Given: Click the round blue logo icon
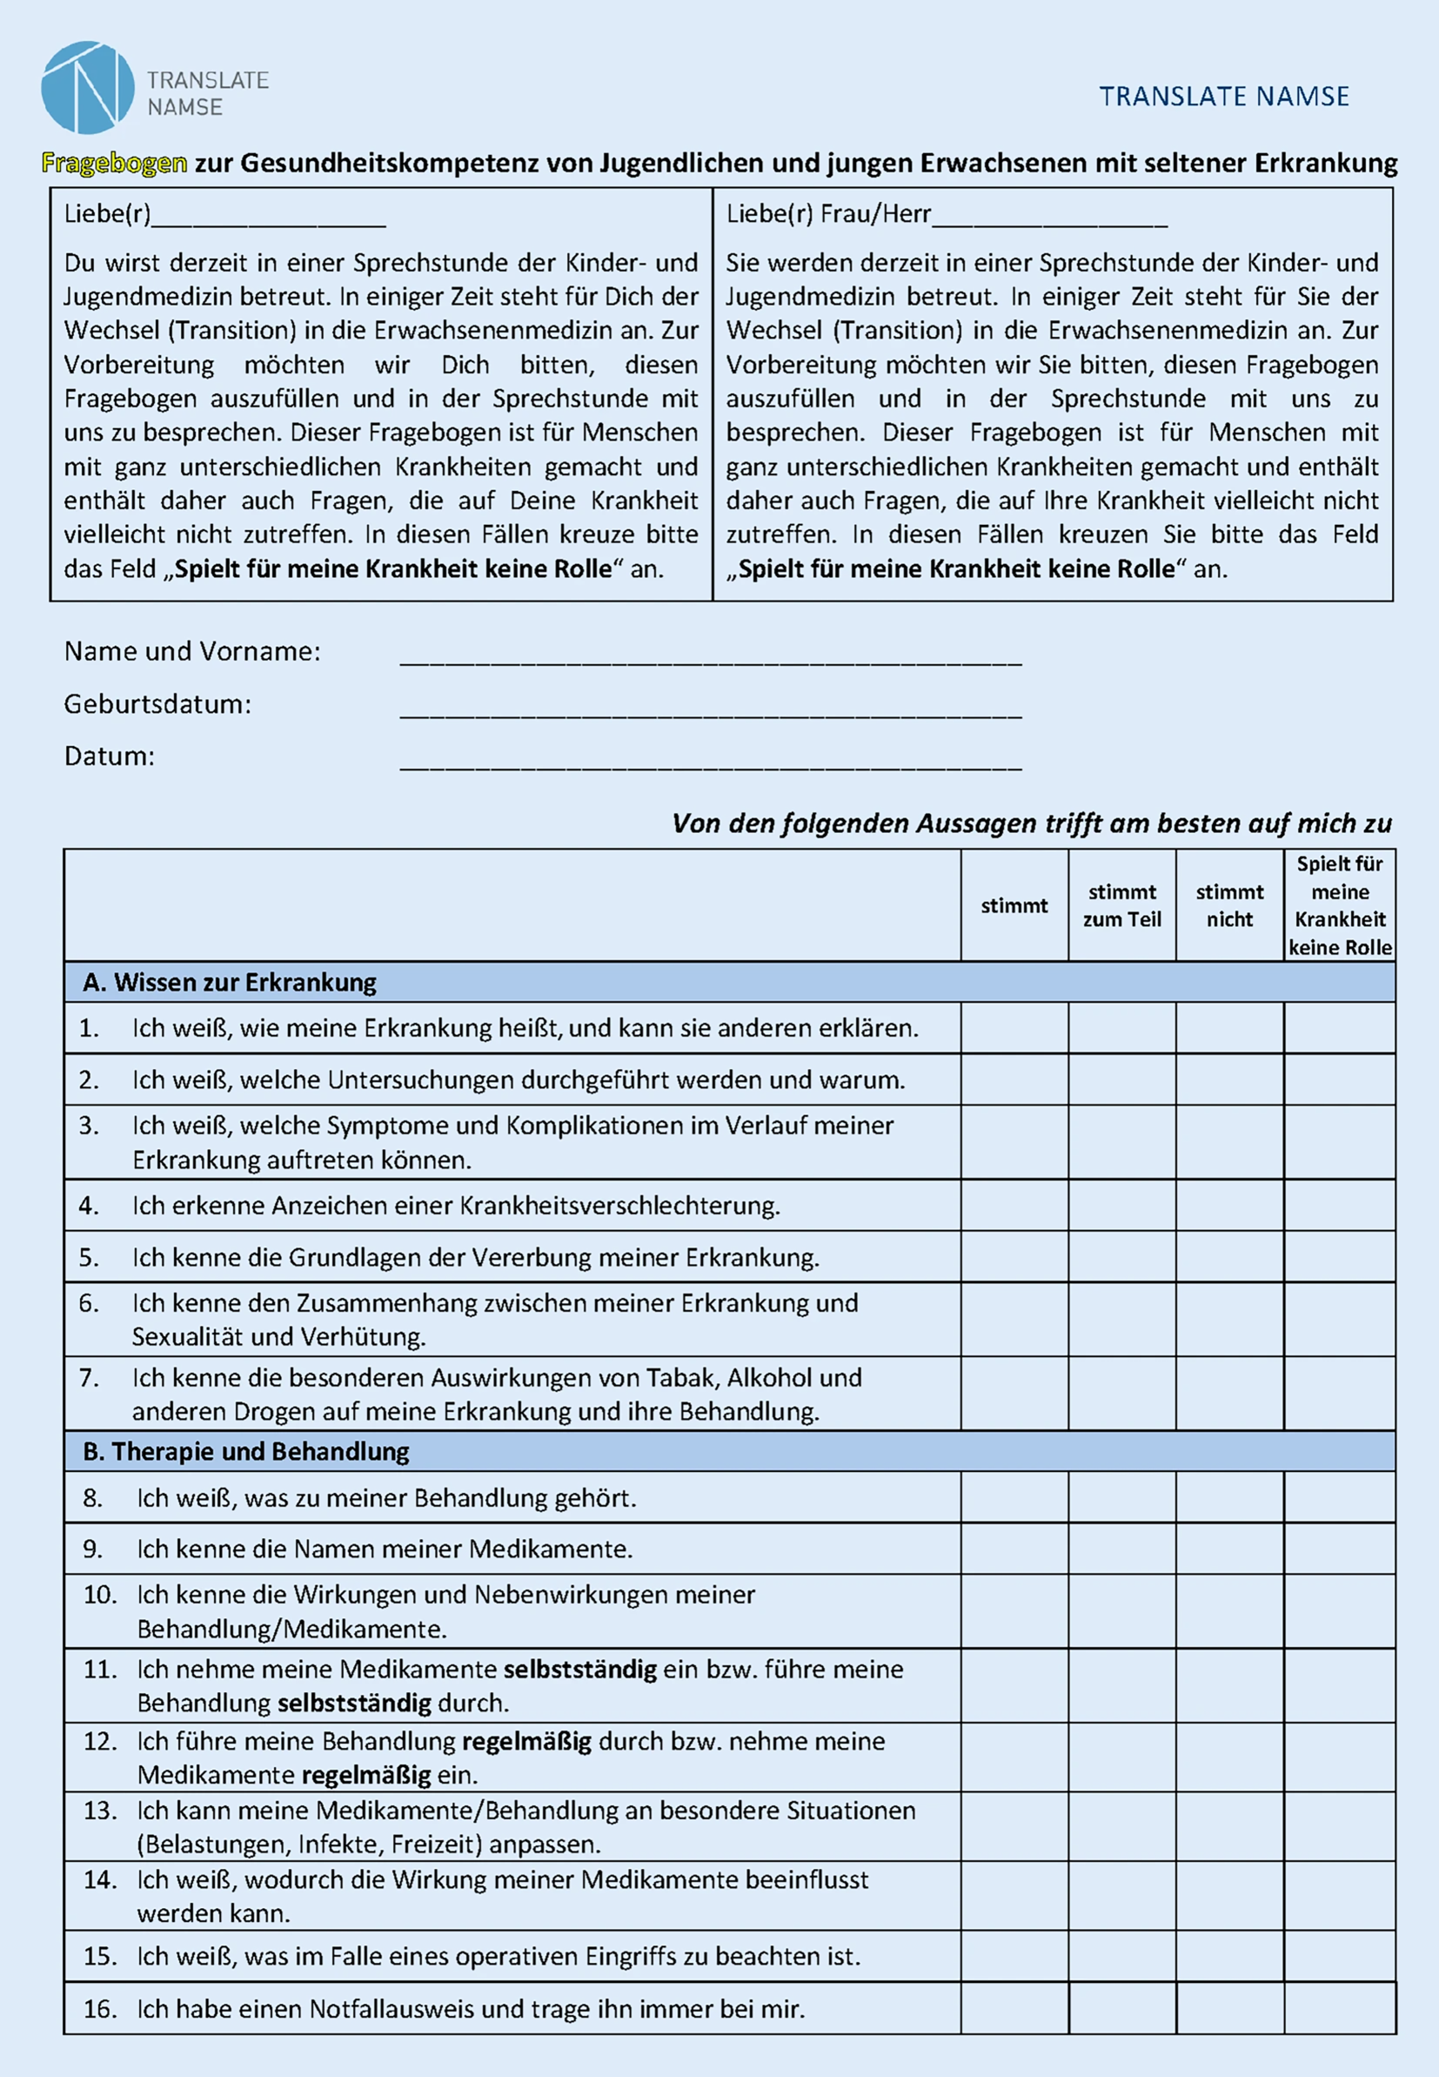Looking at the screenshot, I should click(x=88, y=87).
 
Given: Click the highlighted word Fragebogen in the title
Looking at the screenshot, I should click(x=115, y=164).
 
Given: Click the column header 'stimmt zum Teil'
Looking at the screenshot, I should click(x=1121, y=905).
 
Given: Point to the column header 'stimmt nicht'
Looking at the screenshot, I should click(x=1229, y=905).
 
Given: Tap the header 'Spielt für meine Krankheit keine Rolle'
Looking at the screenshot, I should click(x=1340, y=905).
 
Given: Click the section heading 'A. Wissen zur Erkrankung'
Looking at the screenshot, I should click(x=230, y=982).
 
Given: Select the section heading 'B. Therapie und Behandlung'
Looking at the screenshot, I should click(x=246, y=1451).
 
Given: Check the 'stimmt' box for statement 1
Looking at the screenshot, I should click(x=1014, y=1028).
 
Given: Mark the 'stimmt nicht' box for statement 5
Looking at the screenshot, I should click(x=1229, y=1257).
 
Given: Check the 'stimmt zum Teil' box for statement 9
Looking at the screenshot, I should click(x=1121, y=1549).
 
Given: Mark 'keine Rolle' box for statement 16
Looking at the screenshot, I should click(x=1340, y=2008).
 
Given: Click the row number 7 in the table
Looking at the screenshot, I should click(x=89, y=1378).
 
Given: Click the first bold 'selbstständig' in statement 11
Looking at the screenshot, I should click(x=579, y=1670).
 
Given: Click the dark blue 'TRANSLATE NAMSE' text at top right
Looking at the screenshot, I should click(x=1223, y=97).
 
